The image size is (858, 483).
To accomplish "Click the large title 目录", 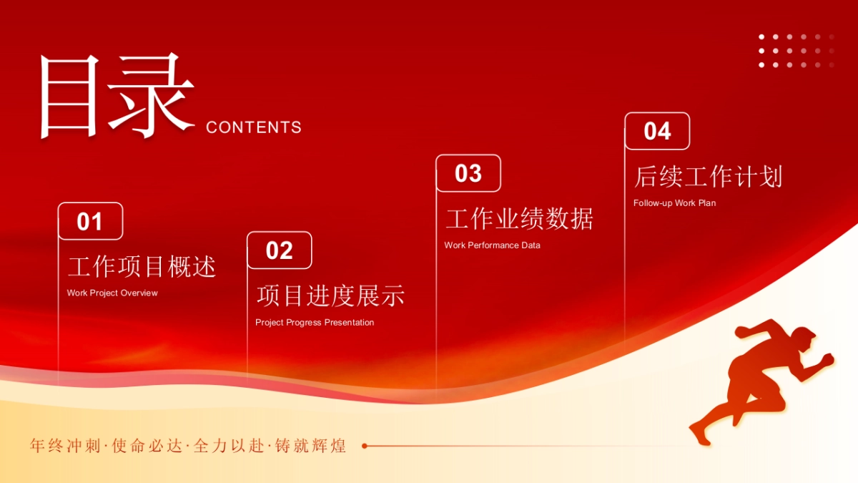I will point(116,97).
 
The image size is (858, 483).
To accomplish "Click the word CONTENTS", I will point(254,127).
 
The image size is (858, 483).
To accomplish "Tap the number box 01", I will point(90,222).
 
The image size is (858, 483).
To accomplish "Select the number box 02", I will point(280,250).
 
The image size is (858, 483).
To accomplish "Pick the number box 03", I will point(468,173).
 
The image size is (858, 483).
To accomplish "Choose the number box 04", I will point(657,131).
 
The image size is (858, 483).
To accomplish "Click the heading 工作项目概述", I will point(142,267).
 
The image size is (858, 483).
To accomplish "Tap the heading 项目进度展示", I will point(330,296).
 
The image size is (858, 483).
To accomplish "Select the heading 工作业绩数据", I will point(519,219).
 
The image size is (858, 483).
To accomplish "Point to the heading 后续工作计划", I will point(708,177).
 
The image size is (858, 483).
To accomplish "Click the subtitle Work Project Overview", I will point(112,293).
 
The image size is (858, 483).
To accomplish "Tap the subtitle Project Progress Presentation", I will point(315,322).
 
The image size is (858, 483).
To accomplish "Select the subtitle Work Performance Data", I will point(492,245).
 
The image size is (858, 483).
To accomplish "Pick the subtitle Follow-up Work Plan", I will point(674,203).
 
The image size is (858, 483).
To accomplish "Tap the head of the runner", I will point(804,338).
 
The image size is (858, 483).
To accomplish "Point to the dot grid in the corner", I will point(796,51).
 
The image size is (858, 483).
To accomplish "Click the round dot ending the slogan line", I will point(365,446).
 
